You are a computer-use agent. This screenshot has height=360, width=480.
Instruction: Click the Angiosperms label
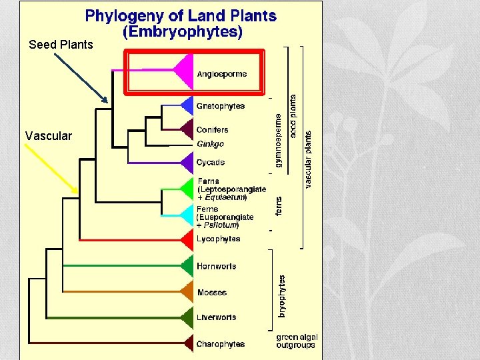(221, 74)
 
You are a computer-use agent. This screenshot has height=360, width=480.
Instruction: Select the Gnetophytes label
(220, 106)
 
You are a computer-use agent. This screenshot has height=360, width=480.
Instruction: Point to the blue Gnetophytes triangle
(187, 105)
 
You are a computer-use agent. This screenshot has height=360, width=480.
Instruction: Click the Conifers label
(212, 130)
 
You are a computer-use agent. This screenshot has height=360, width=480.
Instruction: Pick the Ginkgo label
(210, 144)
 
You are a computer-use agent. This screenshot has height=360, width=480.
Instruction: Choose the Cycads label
(210, 163)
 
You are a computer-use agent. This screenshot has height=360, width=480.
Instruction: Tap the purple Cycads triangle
(187, 162)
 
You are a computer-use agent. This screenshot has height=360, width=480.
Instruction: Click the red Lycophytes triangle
(187, 239)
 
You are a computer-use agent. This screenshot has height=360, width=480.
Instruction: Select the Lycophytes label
(218, 239)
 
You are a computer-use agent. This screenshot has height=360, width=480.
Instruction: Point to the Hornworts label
(216, 267)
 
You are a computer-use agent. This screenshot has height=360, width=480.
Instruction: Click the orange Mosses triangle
(187, 292)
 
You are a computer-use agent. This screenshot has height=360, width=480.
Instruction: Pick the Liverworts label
(216, 317)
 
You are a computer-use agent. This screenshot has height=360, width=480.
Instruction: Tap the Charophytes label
(220, 345)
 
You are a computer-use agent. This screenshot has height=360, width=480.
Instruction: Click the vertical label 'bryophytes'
(282, 296)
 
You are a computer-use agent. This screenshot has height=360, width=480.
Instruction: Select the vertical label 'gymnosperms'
(279, 139)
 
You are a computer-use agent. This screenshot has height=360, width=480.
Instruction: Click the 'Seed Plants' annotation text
(61, 45)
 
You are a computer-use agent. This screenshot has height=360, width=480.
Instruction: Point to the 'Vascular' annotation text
(48, 136)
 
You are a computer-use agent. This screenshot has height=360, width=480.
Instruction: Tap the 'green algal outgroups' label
(297, 341)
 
